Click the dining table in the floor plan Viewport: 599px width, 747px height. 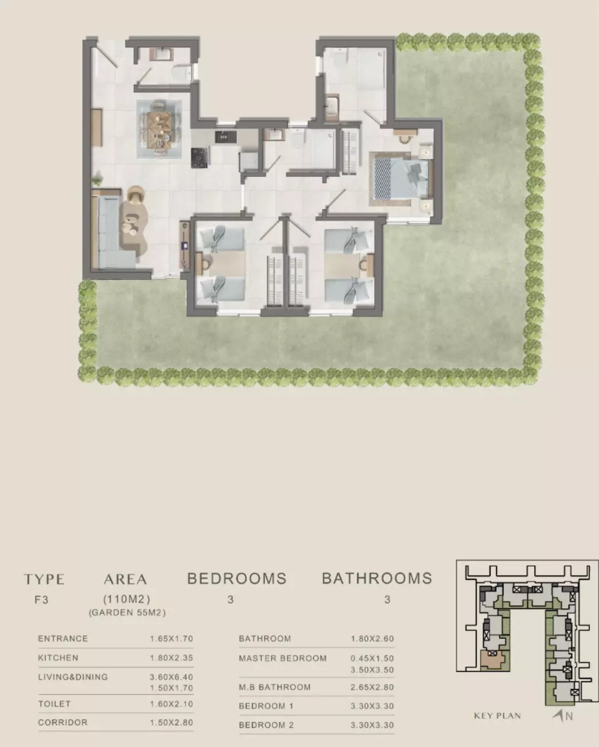[x=159, y=129]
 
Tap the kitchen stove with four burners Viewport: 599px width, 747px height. [x=200, y=158]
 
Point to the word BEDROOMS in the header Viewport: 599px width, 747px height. [x=237, y=579]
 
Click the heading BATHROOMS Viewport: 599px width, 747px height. [x=377, y=579]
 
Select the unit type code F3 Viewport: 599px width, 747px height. [x=41, y=600]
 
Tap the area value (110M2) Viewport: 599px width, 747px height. [x=127, y=599]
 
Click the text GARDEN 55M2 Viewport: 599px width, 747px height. [x=127, y=613]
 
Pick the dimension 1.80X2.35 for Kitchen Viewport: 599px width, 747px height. [x=172, y=658]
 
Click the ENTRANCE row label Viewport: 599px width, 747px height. [x=63, y=639]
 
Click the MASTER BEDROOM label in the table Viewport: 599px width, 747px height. [x=283, y=659]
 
